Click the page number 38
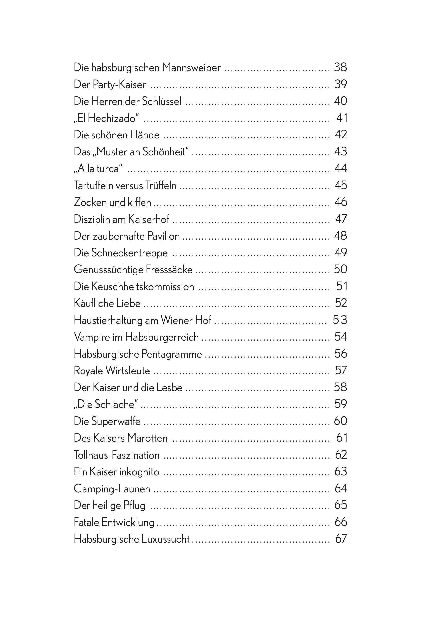coord(340,67)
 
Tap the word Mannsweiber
coord(191,68)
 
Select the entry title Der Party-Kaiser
coord(110,85)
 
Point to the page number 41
coord(342,118)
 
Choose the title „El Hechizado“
coord(106,118)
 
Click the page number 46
coord(341,202)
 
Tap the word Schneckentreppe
coord(129,253)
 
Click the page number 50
coord(340,269)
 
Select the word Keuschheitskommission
coord(143,287)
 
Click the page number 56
coord(341,354)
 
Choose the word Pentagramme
coord(171,354)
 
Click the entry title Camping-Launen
coord(112,489)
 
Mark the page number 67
coord(341,539)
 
